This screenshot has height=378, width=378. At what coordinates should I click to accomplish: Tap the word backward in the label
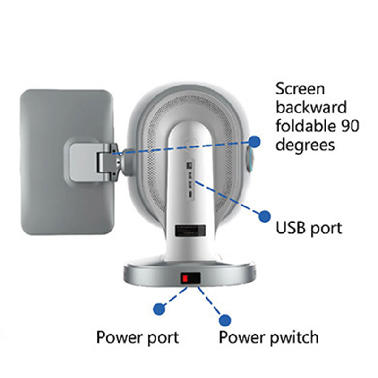(311, 107)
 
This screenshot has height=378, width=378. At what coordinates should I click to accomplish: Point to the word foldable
(305, 126)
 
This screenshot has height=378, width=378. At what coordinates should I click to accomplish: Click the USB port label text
(309, 228)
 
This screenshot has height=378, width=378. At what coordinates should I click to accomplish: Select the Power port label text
(137, 337)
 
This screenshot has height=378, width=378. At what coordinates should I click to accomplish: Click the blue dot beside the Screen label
(255, 140)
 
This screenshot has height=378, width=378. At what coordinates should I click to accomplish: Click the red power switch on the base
(186, 278)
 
